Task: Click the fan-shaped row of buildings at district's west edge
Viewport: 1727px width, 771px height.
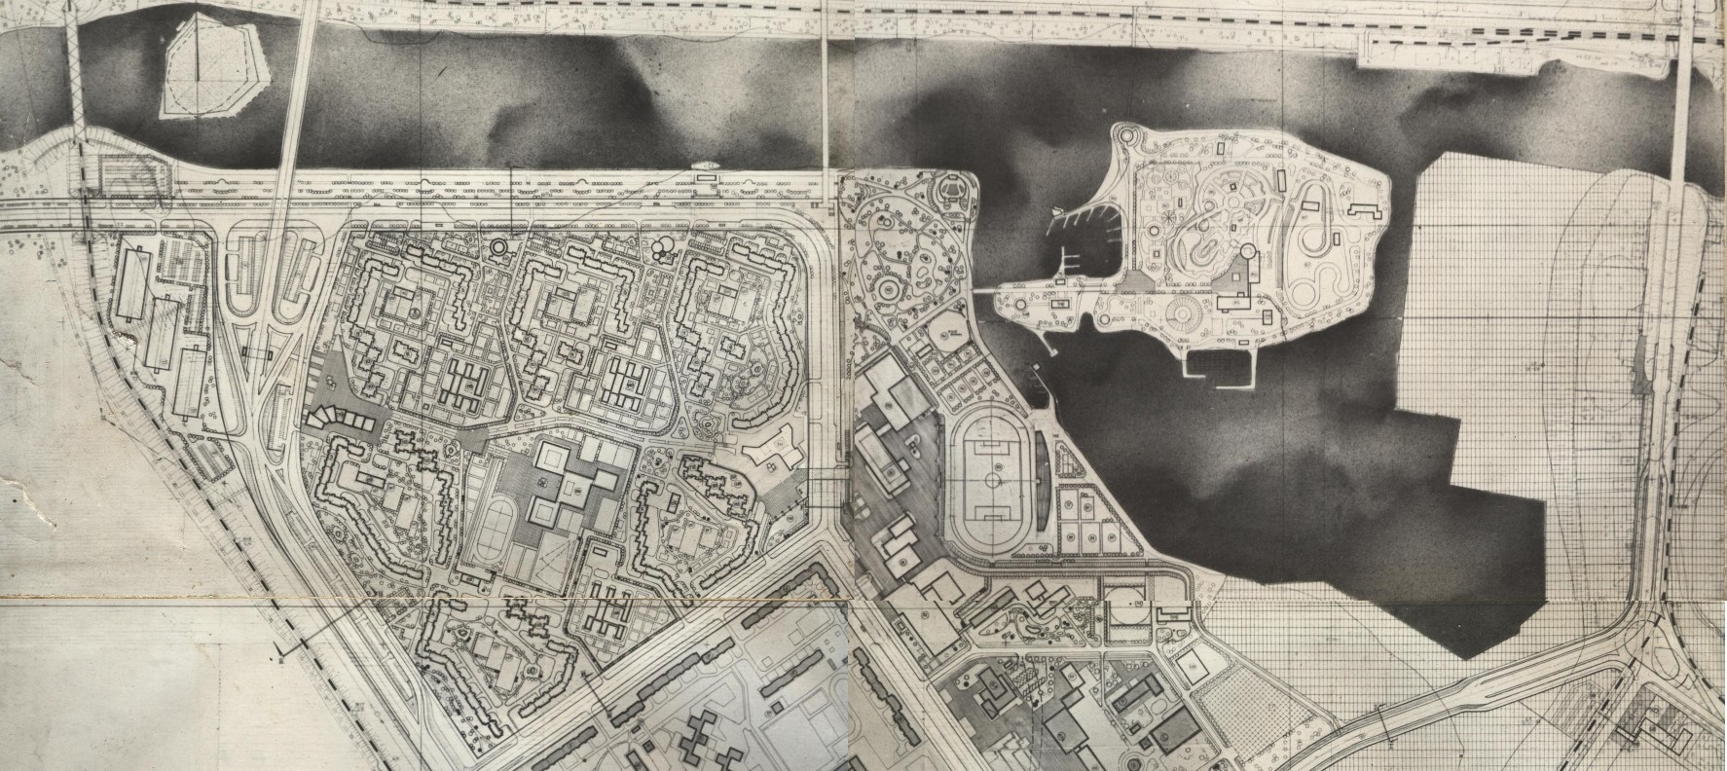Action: [x=338, y=421]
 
